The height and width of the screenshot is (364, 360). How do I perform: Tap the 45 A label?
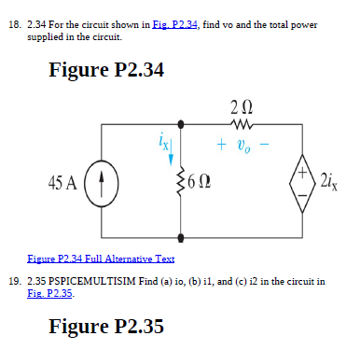pyautogui.click(x=62, y=183)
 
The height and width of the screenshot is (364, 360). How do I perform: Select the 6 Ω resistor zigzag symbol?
pyautogui.click(x=180, y=183)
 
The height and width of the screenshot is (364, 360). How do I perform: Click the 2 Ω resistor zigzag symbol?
pyautogui.click(x=242, y=125)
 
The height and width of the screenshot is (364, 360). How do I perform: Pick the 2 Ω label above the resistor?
pyautogui.click(x=242, y=107)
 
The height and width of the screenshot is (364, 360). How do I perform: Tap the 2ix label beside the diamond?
pyautogui.click(x=329, y=182)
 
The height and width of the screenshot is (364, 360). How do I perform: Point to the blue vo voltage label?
pyautogui.click(x=243, y=146)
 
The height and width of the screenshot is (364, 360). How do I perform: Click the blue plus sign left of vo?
pyautogui.click(x=221, y=145)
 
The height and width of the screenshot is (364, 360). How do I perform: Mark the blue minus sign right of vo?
pyautogui.click(x=264, y=144)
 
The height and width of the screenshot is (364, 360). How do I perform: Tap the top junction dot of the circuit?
pyautogui.click(x=181, y=124)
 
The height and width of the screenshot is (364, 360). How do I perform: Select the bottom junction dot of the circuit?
pyautogui.click(x=181, y=238)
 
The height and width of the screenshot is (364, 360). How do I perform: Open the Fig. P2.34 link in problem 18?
pyautogui.click(x=174, y=24)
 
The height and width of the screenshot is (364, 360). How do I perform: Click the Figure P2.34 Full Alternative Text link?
pyautogui.click(x=101, y=259)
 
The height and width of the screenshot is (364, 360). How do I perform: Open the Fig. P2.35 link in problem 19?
pyautogui.click(x=50, y=293)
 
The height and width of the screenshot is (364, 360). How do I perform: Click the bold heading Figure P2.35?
pyautogui.click(x=106, y=326)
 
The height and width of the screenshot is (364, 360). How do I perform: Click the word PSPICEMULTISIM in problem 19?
pyautogui.click(x=92, y=281)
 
